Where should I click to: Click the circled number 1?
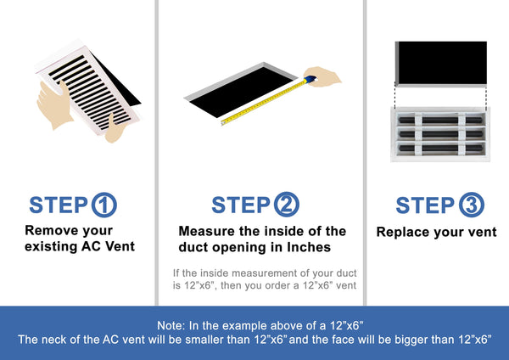pos(104,205)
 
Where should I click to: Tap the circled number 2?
pos(286,205)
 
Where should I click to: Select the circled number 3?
pos(470,205)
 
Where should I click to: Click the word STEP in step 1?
pos(58,205)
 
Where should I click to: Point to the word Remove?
pos(48,230)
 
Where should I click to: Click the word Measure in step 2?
pos(207,231)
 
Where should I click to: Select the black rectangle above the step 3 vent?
pos(442,62)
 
